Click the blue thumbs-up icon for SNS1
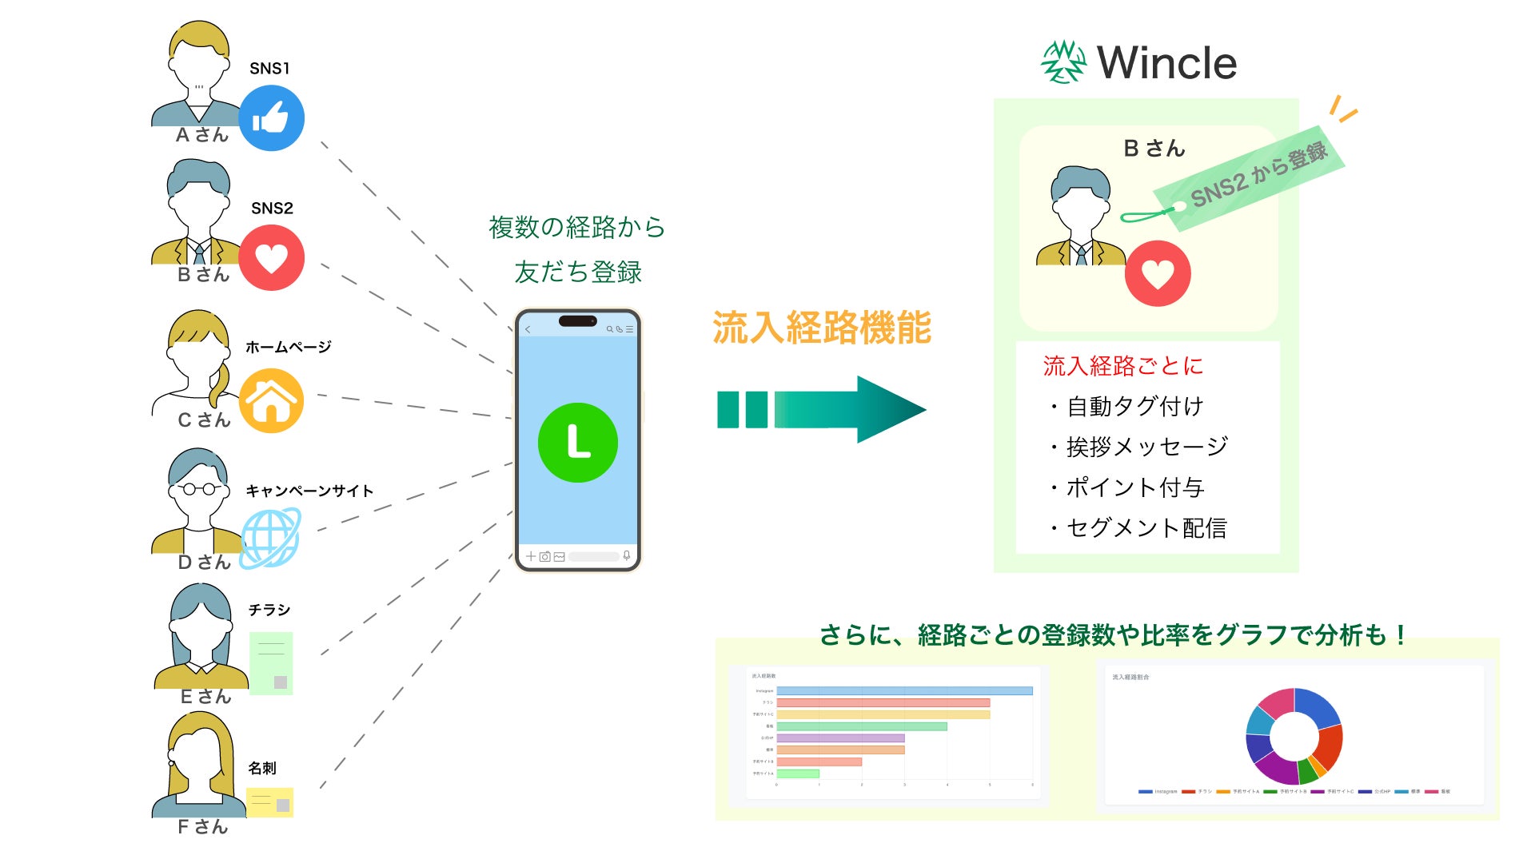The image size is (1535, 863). click(271, 118)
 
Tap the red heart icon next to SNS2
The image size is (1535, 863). click(271, 257)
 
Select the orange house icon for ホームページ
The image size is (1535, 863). click(271, 400)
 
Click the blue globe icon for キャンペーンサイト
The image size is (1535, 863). click(271, 538)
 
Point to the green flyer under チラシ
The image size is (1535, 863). click(271, 663)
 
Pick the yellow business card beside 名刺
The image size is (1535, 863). click(269, 802)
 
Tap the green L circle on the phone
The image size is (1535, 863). click(577, 443)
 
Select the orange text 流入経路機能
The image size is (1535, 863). click(822, 328)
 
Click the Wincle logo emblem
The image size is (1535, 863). click(1063, 62)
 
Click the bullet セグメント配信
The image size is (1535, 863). click(1145, 527)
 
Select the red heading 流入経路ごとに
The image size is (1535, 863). click(1122, 366)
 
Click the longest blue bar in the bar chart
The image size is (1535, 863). click(904, 690)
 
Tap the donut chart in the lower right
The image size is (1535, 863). click(1294, 735)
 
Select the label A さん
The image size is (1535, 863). click(202, 135)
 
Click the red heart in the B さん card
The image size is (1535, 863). click(1157, 273)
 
